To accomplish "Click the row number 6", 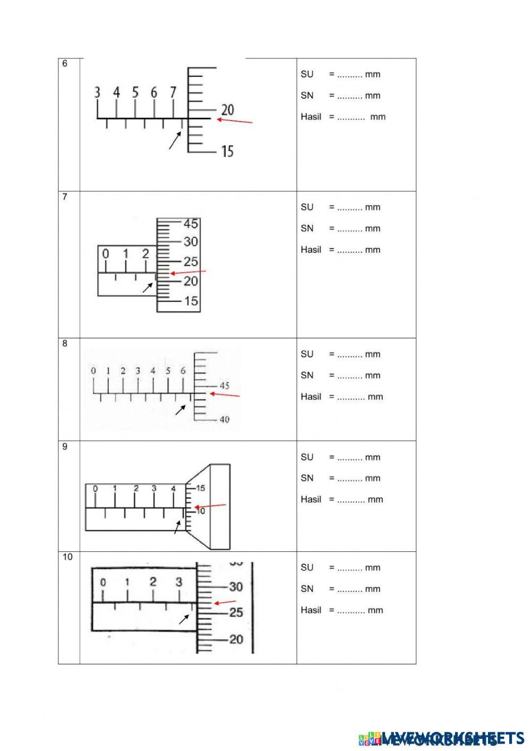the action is [x=65, y=64].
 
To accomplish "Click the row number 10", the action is [x=67, y=557].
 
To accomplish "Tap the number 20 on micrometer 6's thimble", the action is [x=227, y=110].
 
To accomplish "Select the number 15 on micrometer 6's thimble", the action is [x=227, y=151].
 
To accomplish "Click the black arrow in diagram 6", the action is [x=175, y=141].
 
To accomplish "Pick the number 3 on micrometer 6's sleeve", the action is [x=97, y=93].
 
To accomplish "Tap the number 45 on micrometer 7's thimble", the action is [x=191, y=223].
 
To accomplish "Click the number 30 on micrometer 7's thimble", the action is [x=191, y=242].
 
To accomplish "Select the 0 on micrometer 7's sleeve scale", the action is [x=106, y=254].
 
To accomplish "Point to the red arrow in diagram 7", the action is [x=187, y=272].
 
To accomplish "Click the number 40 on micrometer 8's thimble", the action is [x=224, y=420].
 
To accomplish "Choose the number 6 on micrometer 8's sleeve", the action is [x=183, y=371].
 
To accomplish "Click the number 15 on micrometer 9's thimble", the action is [x=201, y=488].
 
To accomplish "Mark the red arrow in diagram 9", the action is [x=210, y=506].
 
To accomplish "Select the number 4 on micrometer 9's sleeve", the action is [x=174, y=489].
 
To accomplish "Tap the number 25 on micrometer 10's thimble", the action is [x=236, y=612].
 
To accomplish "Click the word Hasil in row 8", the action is [x=311, y=397].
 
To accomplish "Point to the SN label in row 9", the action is [x=307, y=478].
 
